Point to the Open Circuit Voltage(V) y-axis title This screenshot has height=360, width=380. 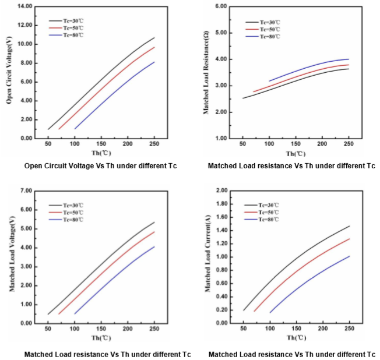click(x=10, y=71)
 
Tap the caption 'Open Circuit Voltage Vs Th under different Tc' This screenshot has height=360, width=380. click(x=100, y=166)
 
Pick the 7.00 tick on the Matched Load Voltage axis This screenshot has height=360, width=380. click(x=26, y=190)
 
